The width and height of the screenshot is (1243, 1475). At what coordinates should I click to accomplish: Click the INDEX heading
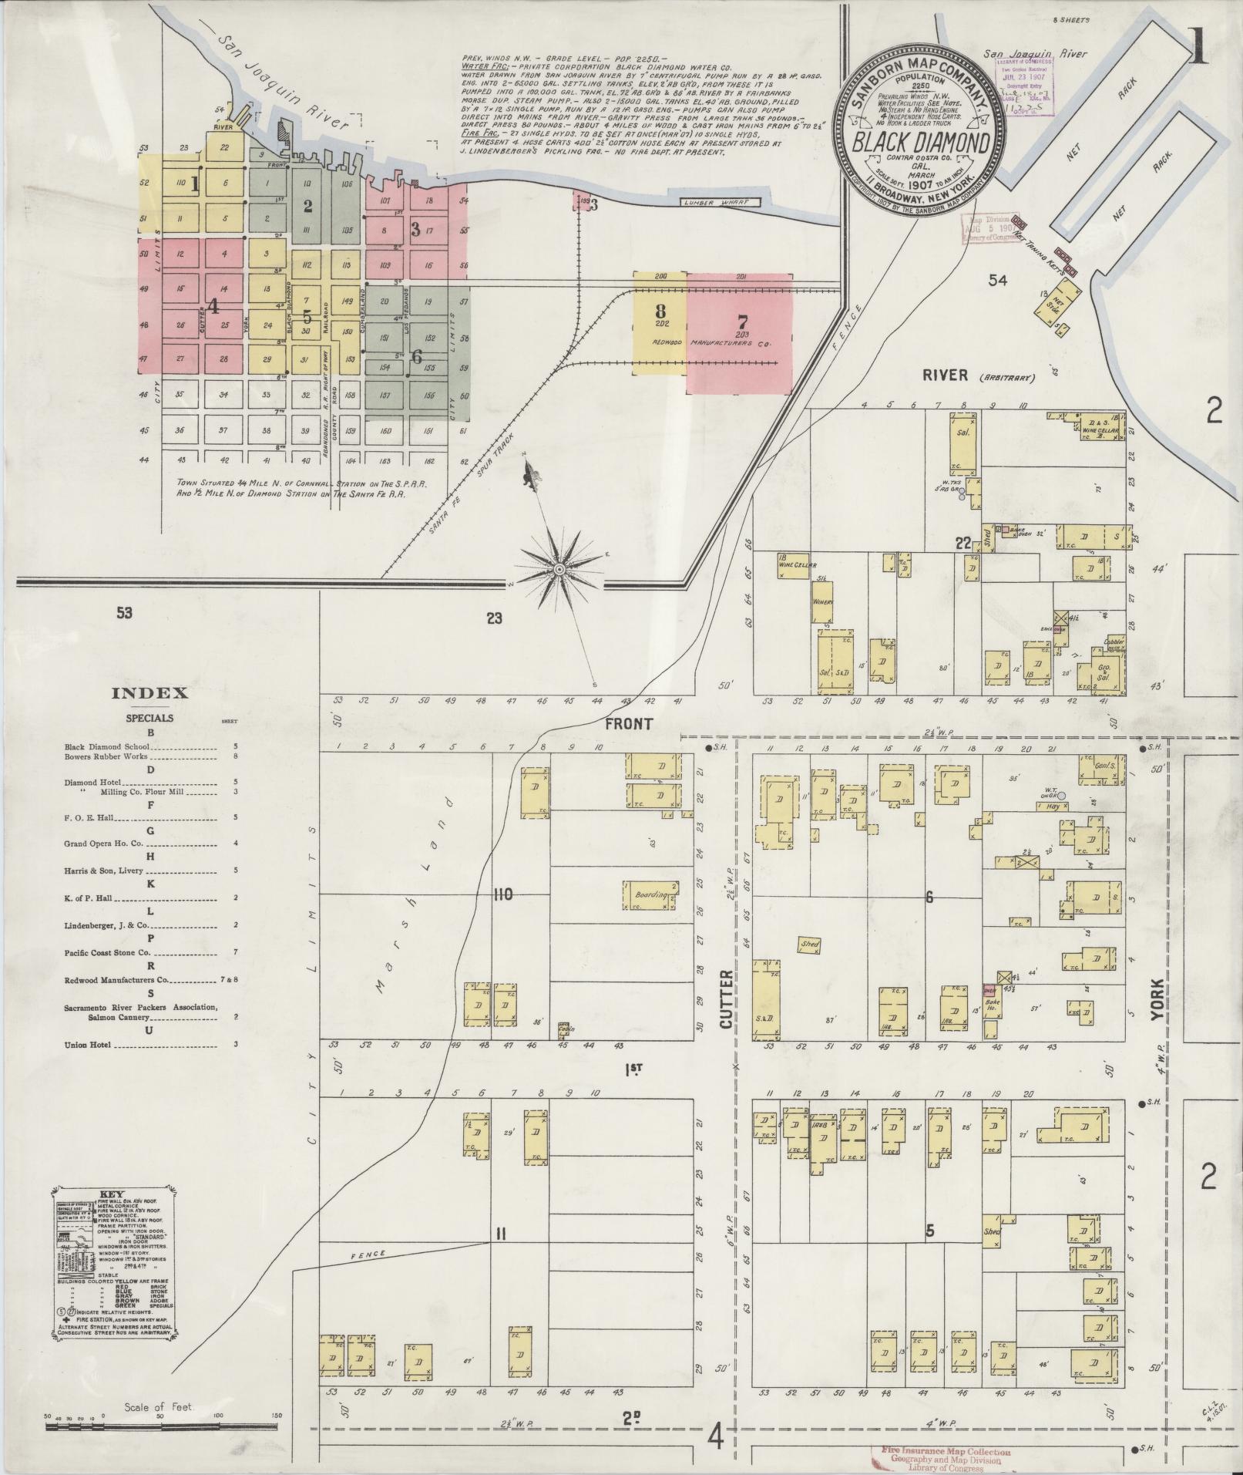(x=149, y=692)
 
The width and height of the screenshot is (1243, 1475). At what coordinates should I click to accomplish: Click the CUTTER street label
(x=725, y=1011)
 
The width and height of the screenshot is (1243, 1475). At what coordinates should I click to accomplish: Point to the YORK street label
(x=1155, y=1003)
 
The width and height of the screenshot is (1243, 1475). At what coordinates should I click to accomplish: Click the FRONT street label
(x=629, y=724)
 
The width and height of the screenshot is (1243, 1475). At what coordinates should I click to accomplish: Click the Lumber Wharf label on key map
(x=720, y=203)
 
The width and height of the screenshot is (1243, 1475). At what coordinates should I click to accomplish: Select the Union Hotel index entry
(x=88, y=1046)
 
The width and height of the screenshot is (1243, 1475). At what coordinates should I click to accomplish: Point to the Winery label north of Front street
(x=821, y=601)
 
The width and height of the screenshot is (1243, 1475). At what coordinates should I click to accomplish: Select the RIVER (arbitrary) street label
(x=977, y=376)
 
